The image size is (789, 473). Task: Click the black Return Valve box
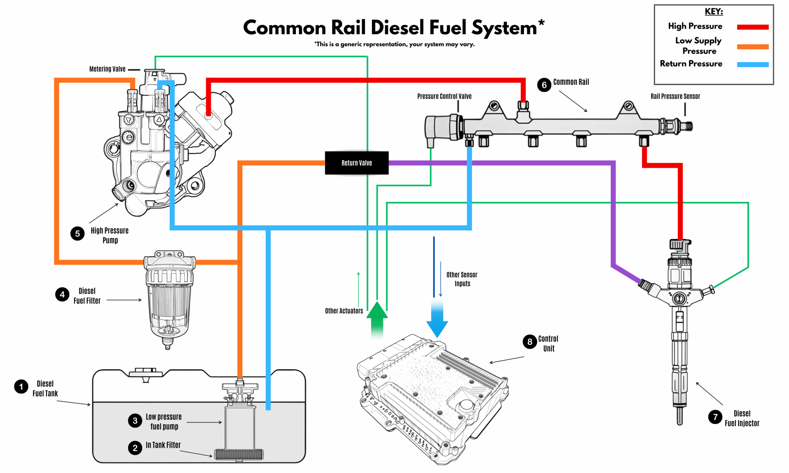[x=357, y=163]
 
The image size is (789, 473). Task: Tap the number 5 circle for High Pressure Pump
[x=77, y=234]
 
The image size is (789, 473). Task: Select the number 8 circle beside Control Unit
[x=530, y=342]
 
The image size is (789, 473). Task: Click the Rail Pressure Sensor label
[x=675, y=96]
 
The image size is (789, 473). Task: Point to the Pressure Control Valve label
[x=444, y=96]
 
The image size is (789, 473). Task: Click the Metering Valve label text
[x=107, y=69]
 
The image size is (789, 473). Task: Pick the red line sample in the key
[x=753, y=27]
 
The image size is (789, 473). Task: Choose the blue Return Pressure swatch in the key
[x=753, y=64]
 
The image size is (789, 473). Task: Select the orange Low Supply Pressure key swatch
[x=753, y=47]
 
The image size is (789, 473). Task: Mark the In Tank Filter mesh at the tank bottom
[x=239, y=454]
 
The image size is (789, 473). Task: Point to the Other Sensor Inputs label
[x=462, y=279]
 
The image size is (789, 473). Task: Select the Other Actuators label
[x=344, y=311]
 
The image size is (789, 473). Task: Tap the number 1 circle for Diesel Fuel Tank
[x=21, y=387]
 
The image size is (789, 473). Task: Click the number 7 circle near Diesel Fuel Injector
[x=715, y=417]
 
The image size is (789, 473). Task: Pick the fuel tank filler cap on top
[x=146, y=373]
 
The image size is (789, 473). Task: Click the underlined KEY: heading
[x=714, y=12]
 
